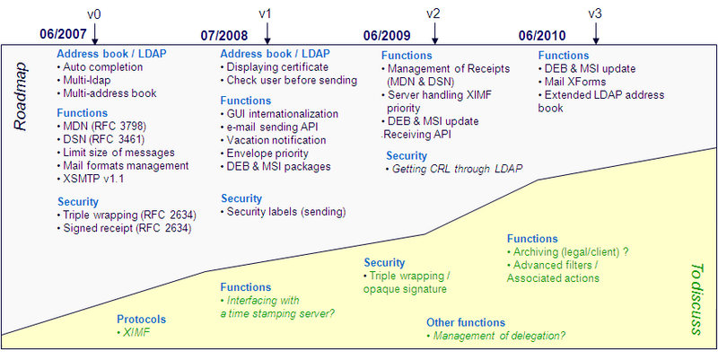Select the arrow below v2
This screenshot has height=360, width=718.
click(435, 32)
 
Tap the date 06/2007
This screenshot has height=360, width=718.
click(62, 36)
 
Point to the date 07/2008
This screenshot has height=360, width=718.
click(223, 36)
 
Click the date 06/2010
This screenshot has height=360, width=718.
click(542, 36)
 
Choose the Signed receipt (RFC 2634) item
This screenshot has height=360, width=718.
click(130, 228)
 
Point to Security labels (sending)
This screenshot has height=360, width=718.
click(284, 211)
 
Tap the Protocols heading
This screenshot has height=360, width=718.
click(142, 319)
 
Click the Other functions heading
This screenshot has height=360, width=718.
click(466, 322)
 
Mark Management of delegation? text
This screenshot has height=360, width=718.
click(499, 336)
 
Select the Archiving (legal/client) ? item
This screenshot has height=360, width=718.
click(573, 252)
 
